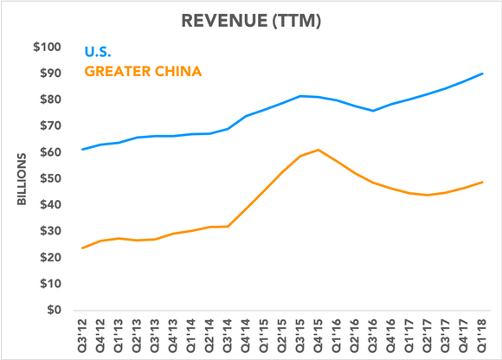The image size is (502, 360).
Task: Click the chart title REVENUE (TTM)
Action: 251,19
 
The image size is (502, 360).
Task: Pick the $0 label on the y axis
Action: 55,310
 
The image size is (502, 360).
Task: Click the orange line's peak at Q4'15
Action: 319,150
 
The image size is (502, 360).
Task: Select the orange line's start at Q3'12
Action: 83,248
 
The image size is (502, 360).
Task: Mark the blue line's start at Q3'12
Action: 83,150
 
